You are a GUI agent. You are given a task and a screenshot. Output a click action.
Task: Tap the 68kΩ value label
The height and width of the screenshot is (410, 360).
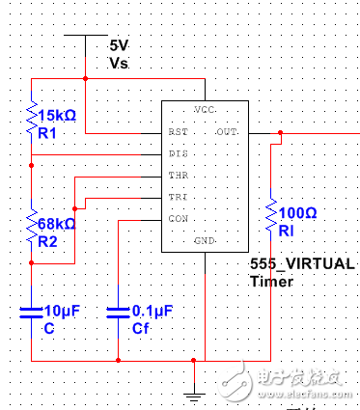click(x=58, y=223)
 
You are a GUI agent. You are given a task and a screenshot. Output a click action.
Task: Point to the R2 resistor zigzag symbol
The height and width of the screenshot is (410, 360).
click(x=32, y=229)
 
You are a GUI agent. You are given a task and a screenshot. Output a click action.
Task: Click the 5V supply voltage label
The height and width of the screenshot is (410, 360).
click(x=119, y=45)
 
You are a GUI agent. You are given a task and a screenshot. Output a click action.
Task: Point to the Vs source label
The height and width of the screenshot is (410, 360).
click(x=119, y=62)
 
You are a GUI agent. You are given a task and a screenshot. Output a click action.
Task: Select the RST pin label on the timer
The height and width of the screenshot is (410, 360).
click(x=177, y=131)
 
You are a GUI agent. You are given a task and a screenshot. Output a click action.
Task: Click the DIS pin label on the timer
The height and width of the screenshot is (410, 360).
click(x=177, y=153)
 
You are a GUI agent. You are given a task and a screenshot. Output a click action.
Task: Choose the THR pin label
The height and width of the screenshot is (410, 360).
click(x=177, y=176)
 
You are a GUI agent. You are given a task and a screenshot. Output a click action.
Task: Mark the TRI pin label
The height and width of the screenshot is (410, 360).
click(x=177, y=198)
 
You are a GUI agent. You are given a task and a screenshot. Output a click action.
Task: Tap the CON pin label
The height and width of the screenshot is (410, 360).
click(x=177, y=220)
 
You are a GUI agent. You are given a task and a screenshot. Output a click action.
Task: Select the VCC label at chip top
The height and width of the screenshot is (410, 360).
click(x=204, y=108)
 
